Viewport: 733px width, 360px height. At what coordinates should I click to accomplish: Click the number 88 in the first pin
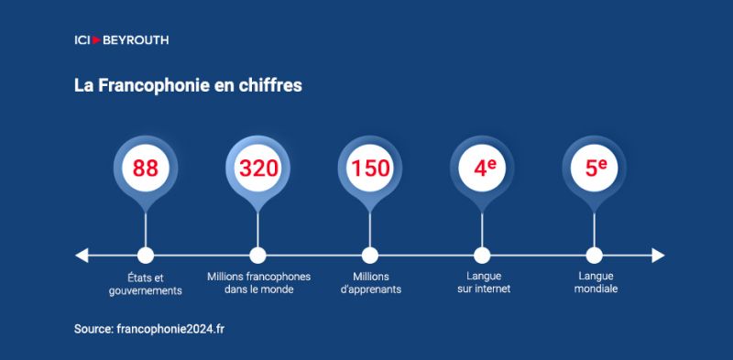(146, 169)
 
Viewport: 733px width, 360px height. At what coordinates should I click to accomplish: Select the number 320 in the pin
(258, 169)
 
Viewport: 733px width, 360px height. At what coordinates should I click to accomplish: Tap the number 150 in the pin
(370, 169)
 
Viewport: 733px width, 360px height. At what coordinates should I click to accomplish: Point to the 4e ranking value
(485, 168)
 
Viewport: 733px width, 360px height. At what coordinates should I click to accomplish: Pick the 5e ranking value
(596, 168)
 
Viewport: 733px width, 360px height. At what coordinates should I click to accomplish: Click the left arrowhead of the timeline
(82, 256)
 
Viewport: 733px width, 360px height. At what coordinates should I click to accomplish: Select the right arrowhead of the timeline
(658, 256)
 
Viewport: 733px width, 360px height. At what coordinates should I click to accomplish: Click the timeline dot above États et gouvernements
(146, 256)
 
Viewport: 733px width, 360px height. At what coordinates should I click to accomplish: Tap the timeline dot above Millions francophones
(257, 256)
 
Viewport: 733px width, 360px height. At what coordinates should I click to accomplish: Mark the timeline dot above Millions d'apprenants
(370, 256)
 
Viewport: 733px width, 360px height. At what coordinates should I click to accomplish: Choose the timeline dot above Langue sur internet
(482, 256)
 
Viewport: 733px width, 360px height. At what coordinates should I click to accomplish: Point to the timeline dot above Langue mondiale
(594, 256)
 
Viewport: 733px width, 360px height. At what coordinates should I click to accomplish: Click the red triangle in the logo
(97, 40)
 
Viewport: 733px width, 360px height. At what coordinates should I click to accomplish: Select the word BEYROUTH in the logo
(136, 40)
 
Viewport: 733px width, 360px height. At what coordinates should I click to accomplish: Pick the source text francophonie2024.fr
(170, 329)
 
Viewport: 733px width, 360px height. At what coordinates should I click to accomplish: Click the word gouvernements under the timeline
(146, 290)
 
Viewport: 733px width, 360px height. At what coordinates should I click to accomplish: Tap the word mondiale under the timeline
(596, 289)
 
